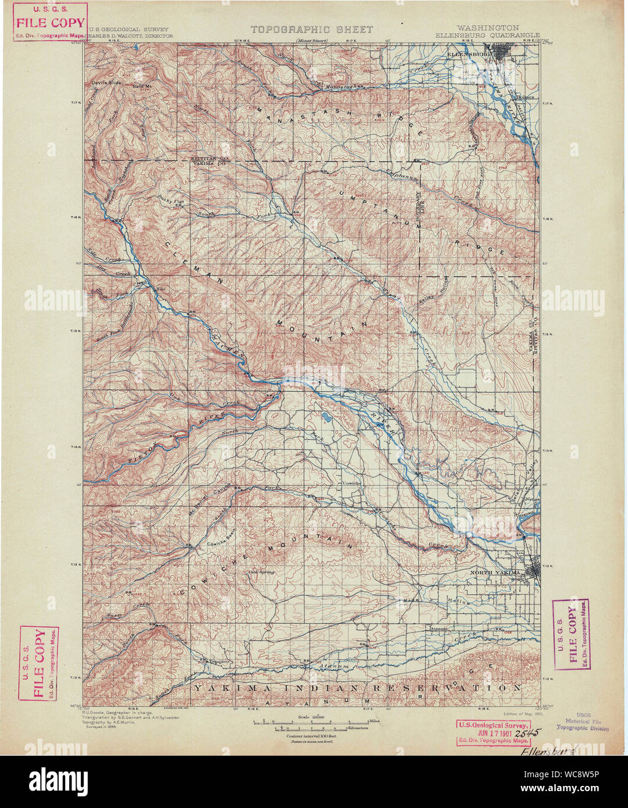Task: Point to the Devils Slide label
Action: coord(106,83)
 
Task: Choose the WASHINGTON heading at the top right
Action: coord(487,27)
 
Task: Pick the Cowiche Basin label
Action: coord(221,544)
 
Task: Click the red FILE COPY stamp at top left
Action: coord(51,23)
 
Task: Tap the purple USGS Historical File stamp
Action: coord(583,721)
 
